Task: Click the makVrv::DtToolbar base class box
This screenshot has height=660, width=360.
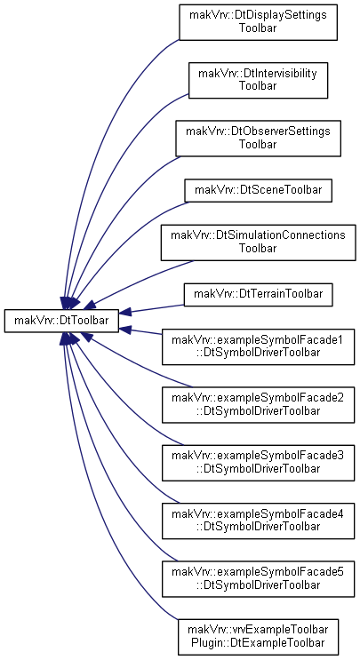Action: (61, 321)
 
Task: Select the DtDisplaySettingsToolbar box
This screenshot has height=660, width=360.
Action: (258, 22)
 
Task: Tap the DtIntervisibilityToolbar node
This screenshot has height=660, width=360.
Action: (258, 81)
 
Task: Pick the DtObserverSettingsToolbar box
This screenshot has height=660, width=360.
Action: (258, 139)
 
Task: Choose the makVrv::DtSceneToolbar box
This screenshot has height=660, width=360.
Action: (258, 190)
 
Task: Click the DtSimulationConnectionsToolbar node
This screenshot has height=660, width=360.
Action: (258, 243)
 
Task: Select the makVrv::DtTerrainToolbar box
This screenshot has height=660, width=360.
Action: (258, 294)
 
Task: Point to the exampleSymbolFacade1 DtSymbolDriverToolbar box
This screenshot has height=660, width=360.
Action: (258, 346)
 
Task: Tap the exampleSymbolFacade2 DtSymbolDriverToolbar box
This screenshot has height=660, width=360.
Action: (258, 404)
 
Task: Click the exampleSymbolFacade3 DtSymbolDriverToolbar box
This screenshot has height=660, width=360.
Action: (258, 463)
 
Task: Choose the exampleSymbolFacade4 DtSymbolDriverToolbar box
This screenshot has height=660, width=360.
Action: (258, 521)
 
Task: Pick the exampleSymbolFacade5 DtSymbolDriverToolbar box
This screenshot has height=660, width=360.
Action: (258, 579)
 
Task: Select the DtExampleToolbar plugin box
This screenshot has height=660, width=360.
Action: (258, 637)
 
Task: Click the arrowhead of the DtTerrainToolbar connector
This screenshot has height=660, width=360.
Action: (125, 313)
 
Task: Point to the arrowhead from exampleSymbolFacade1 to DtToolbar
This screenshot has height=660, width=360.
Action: (125, 330)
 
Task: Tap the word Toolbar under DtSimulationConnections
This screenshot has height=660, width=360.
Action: (258, 249)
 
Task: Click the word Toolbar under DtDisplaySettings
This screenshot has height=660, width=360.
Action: (258, 28)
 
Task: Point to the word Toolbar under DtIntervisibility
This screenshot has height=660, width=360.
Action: (258, 86)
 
